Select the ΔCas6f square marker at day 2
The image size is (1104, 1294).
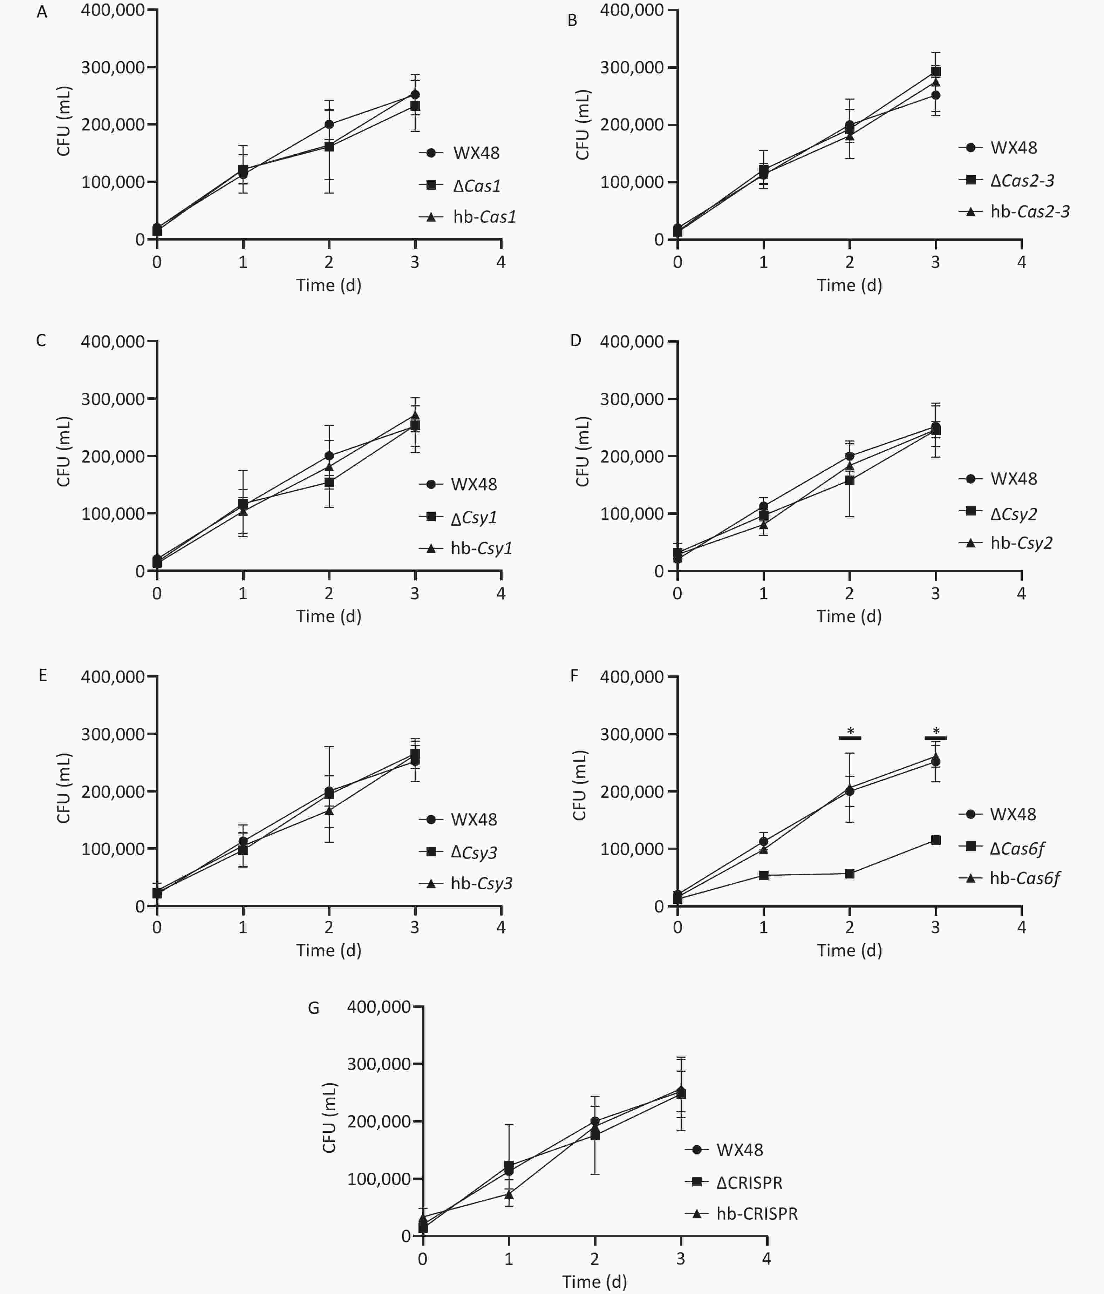(849, 874)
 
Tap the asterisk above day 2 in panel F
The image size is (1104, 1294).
(850, 731)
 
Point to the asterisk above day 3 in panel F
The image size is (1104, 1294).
(935, 731)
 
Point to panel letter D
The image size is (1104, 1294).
(575, 341)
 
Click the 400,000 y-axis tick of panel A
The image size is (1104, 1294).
(113, 10)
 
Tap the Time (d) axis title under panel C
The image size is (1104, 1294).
(328, 616)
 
